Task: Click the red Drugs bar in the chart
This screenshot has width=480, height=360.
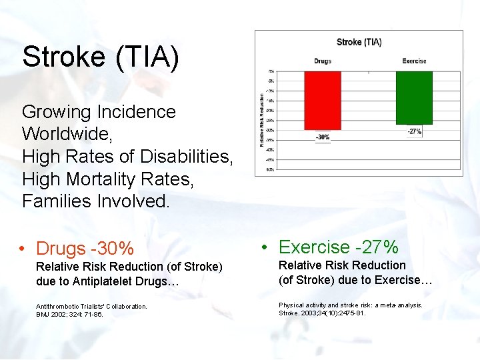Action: point(322,100)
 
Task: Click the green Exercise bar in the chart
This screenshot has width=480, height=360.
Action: point(414,97)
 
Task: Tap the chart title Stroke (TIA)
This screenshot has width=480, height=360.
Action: point(359,42)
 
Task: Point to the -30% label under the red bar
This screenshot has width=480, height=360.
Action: point(322,137)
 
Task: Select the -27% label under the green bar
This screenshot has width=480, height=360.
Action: point(414,132)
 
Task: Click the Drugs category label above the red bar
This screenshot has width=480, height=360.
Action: point(322,61)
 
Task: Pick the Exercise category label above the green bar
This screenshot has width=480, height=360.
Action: point(414,61)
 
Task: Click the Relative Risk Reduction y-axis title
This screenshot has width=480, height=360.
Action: point(262,120)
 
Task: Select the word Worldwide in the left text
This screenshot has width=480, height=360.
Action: point(67,134)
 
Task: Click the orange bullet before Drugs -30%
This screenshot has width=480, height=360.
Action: point(23,249)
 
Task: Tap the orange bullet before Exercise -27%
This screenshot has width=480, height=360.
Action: point(265,247)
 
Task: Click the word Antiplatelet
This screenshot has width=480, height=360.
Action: point(113,281)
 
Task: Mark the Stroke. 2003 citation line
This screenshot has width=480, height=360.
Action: point(322,313)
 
